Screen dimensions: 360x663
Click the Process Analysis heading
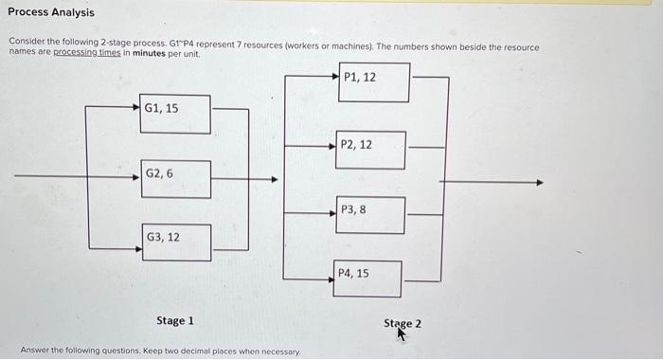click(51, 13)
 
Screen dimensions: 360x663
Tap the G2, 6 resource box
click(176, 179)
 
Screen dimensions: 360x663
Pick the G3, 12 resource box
click(176, 242)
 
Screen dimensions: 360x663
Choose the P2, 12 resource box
click(371, 150)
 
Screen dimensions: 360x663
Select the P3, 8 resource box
click(370, 214)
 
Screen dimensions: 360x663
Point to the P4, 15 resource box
click(367, 279)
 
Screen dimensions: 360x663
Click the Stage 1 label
click(175, 321)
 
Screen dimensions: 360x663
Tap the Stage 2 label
click(403, 323)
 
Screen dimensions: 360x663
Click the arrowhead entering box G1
click(136, 106)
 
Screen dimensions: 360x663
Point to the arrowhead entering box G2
click(136, 175)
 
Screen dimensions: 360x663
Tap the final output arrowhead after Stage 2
click(540, 182)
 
